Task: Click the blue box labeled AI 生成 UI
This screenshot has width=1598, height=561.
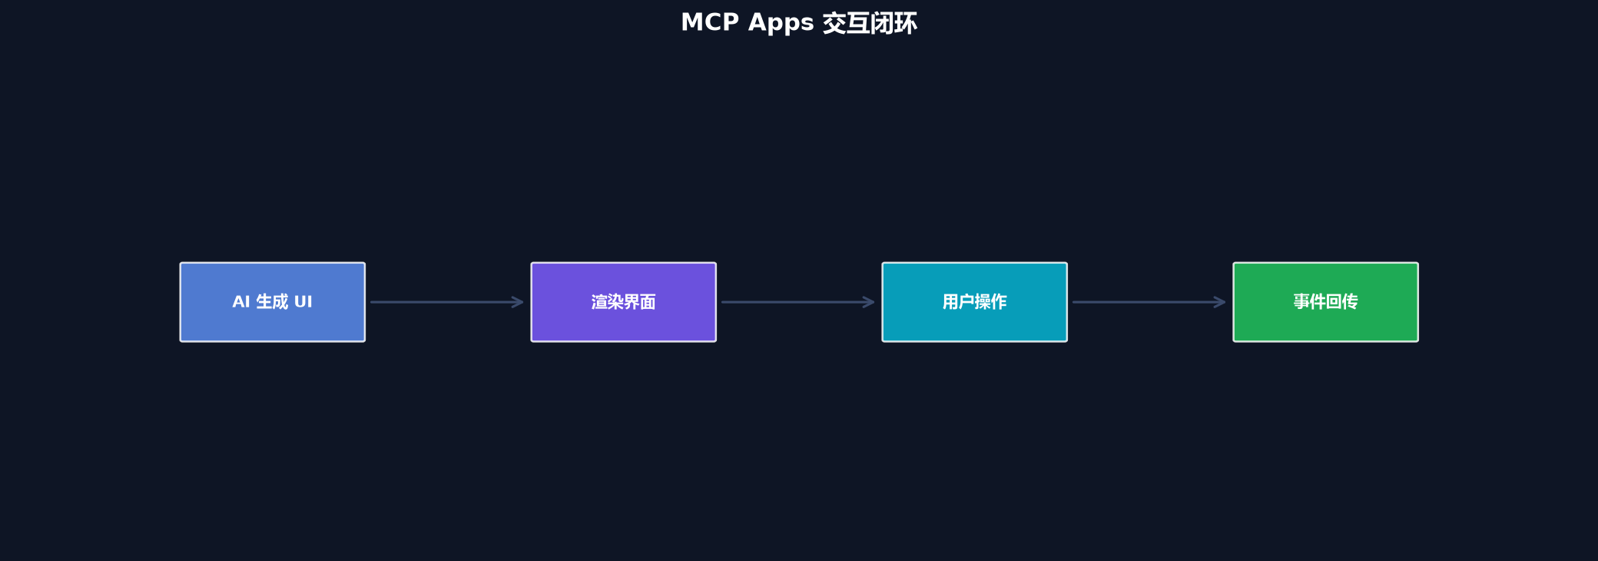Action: coord(273,302)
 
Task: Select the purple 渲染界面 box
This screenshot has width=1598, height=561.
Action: coord(624,302)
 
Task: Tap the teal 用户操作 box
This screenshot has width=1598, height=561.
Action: coord(975,302)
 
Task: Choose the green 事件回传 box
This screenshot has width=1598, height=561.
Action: coord(1326,302)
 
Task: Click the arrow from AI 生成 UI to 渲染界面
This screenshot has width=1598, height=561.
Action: coord(447,302)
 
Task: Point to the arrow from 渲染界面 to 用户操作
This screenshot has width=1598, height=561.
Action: coord(798,302)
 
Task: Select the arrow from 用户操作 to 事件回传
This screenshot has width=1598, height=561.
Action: coord(1149,302)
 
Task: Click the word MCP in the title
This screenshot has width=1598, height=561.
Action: coord(710,22)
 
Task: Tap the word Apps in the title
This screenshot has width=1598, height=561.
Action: coord(781,23)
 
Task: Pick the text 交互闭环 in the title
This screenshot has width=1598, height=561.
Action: coord(870,23)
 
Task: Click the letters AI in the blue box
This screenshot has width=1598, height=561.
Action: coord(241,302)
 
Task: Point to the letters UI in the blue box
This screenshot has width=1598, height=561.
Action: coord(303,302)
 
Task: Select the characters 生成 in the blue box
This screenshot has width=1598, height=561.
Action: coord(272,302)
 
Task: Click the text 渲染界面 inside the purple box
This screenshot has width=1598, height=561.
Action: coord(624,302)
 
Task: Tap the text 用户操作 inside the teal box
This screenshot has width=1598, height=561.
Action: coord(975,302)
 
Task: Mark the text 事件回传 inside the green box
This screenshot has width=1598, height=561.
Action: coord(1326,302)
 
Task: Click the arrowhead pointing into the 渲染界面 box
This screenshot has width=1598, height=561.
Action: coord(519,302)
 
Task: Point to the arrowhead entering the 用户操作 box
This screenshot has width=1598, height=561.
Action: coord(870,302)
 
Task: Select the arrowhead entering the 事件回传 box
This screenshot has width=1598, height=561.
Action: coord(1221,302)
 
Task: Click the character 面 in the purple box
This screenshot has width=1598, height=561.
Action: coord(648,302)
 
